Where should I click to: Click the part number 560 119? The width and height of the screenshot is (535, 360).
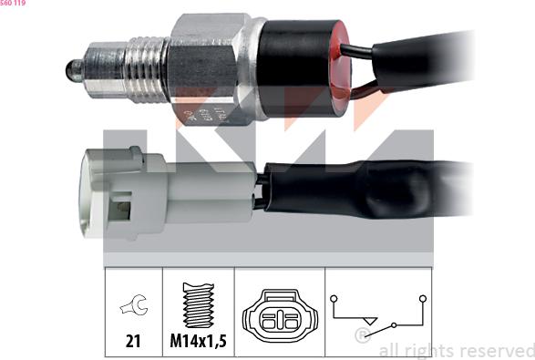(x=13, y=5)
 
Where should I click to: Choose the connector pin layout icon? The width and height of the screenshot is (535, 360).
(x=278, y=320)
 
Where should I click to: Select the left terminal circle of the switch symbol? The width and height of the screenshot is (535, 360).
(x=335, y=298)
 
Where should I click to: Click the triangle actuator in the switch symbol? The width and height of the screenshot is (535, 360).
(x=370, y=322)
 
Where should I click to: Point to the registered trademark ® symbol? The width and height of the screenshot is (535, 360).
(x=362, y=336)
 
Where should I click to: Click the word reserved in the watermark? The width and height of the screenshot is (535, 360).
(x=497, y=351)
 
